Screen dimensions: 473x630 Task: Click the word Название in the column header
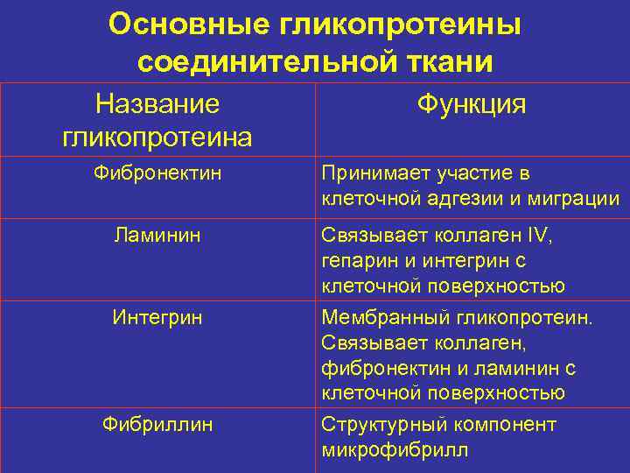tap(157, 105)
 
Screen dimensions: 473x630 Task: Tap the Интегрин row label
tap(157, 316)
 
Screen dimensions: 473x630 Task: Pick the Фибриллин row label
tap(157, 425)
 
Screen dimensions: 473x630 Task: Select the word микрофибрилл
tap(395, 450)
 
